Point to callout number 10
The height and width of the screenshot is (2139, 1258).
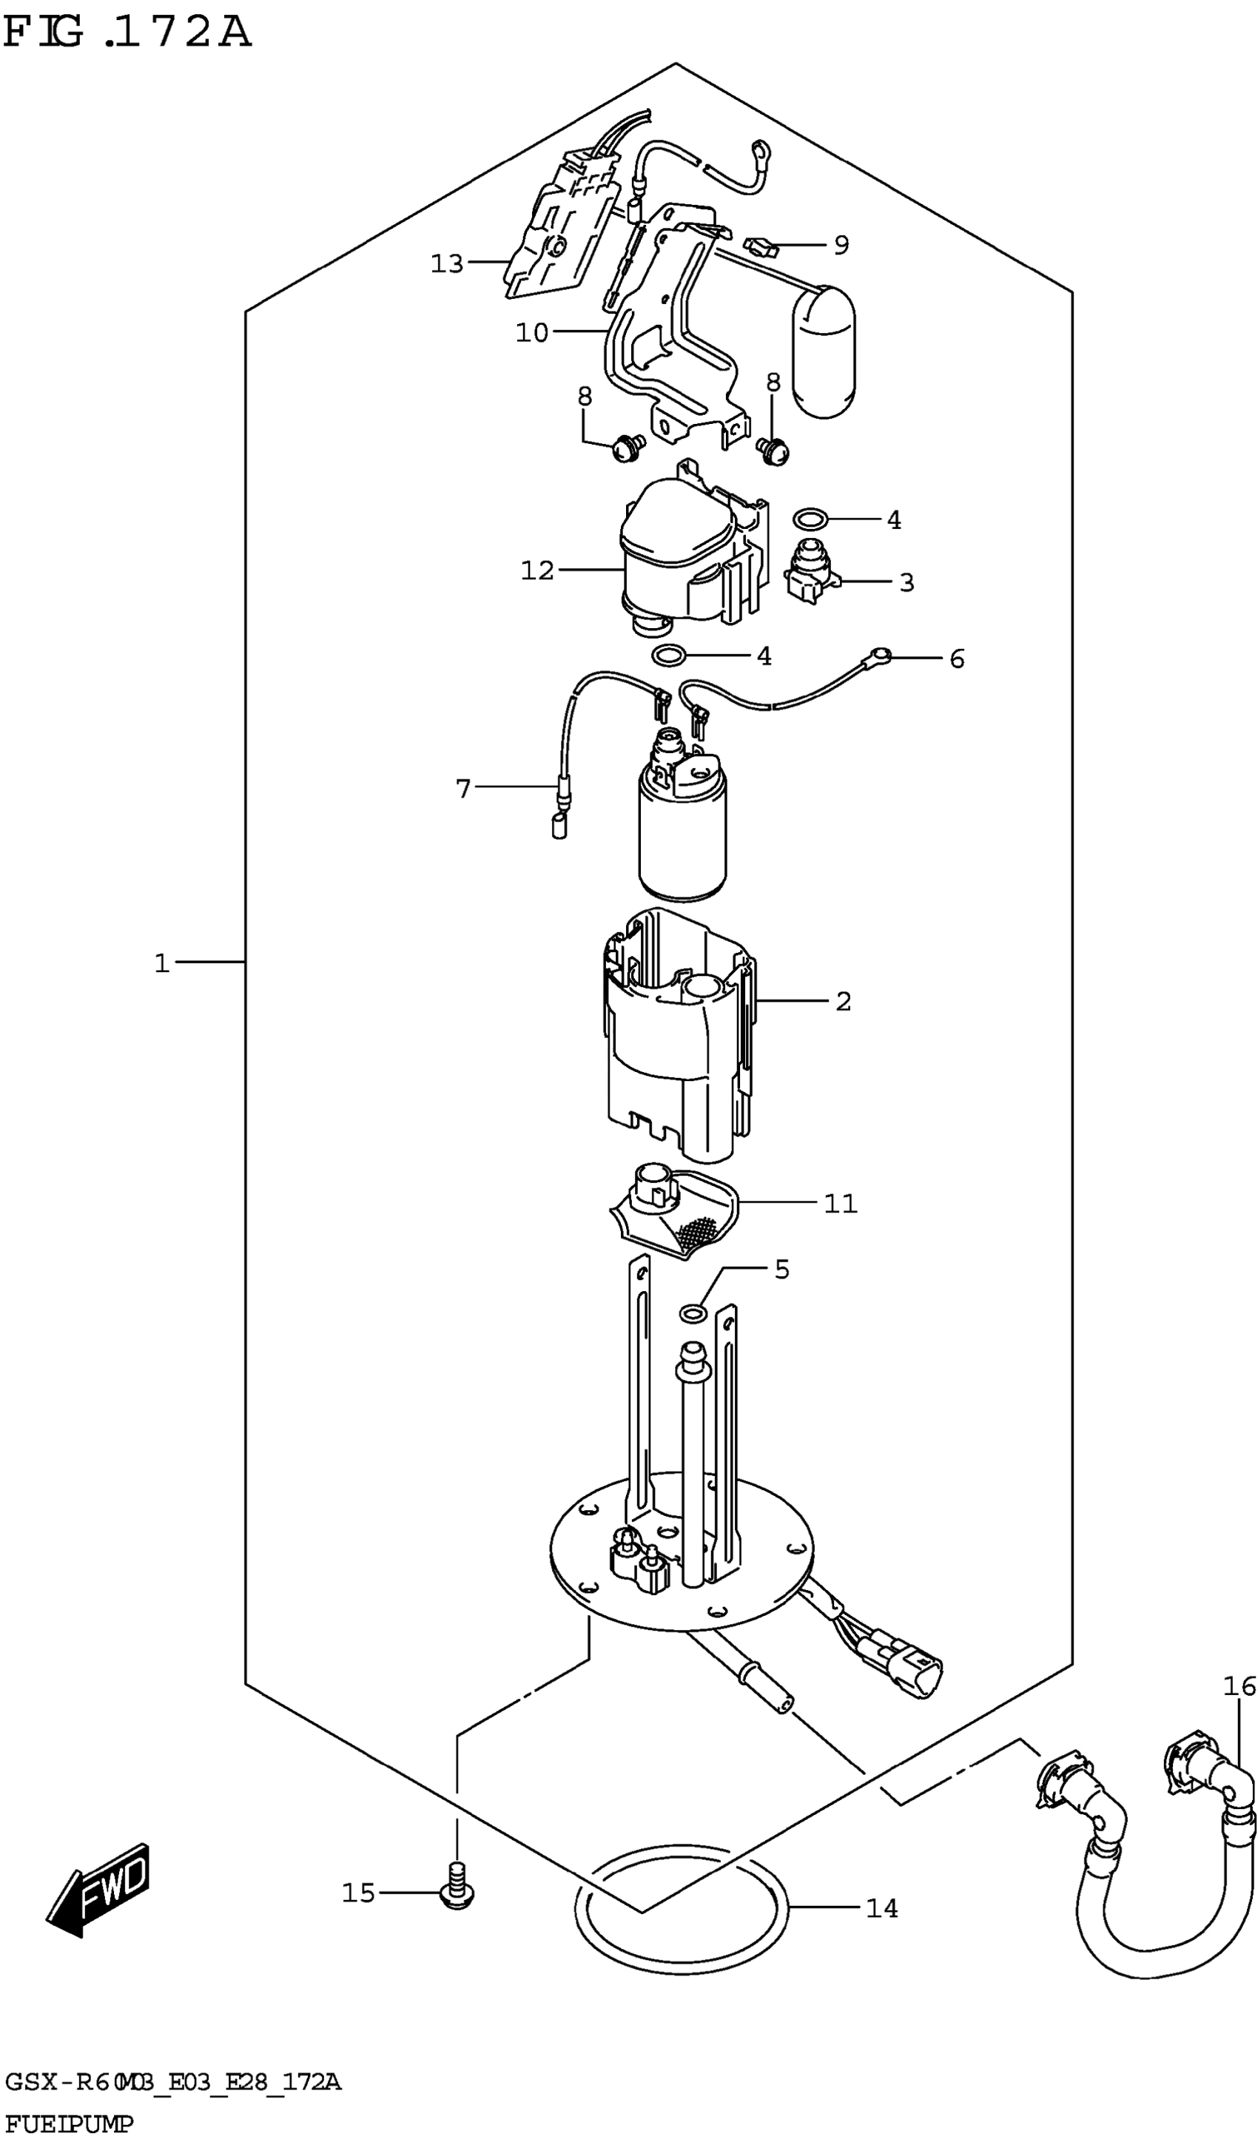pyautogui.click(x=532, y=333)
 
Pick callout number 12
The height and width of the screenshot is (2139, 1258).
pyautogui.click(x=537, y=570)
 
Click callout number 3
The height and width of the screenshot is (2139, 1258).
pyautogui.click(x=906, y=582)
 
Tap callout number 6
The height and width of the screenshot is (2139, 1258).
pyautogui.click(x=957, y=658)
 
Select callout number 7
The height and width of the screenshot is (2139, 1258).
pyautogui.click(x=462, y=789)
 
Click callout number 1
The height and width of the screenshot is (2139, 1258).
pyautogui.click(x=162, y=963)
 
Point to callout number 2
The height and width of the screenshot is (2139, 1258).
pyautogui.click(x=842, y=1002)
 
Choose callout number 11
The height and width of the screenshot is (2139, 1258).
pyautogui.click(x=841, y=1204)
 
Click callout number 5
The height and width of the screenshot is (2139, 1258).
pyautogui.click(x=781, y=1270)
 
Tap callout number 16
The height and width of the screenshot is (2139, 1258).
pyautogui.click(x=1239, y=1685)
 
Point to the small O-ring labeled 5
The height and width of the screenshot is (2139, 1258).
pyautogui.click(x=693, y=1314)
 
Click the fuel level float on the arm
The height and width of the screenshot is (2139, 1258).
pyautogui.click(x=824, y=351)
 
